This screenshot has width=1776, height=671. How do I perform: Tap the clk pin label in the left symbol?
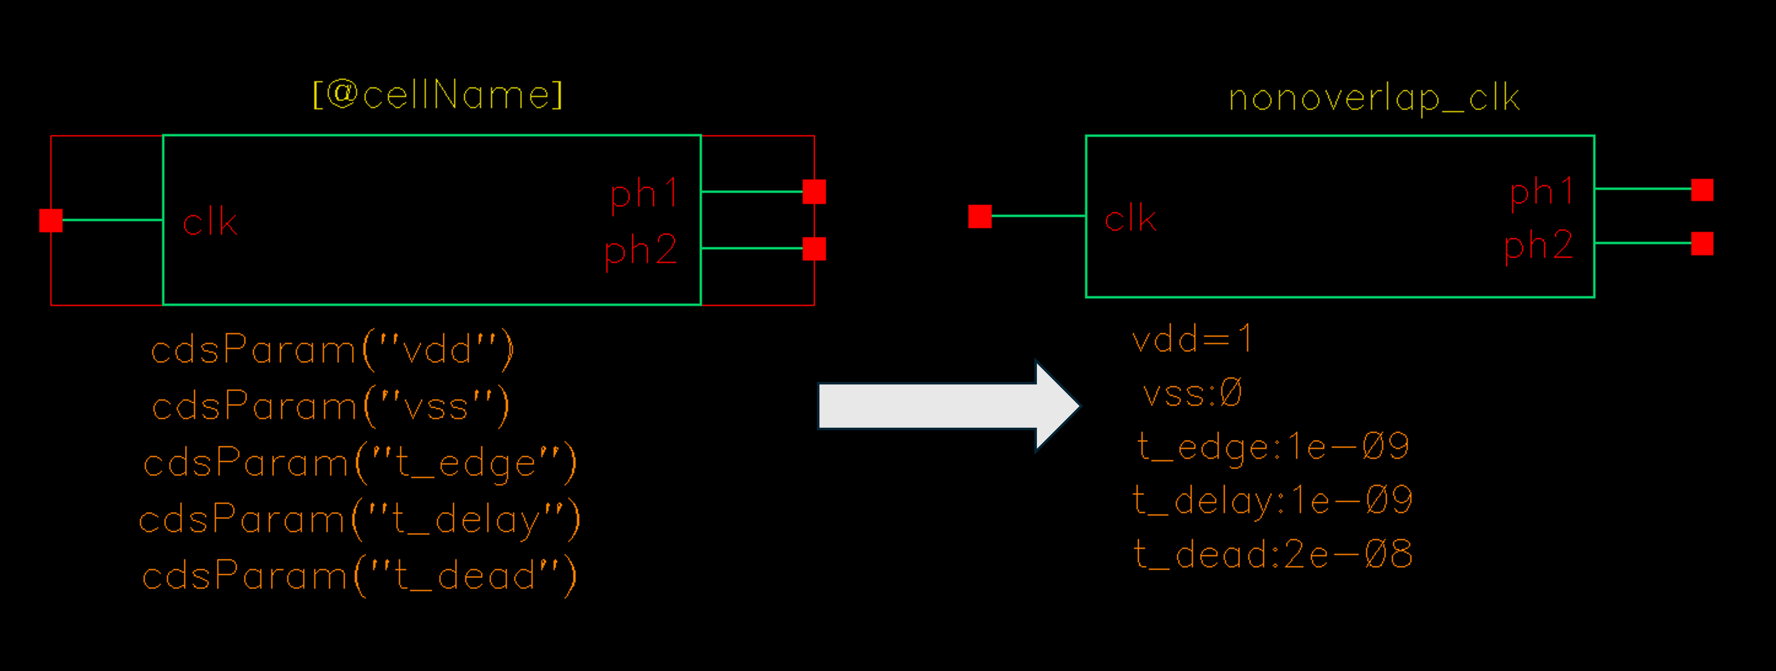click(x=210, y=222)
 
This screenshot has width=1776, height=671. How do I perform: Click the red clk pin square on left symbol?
click(x=51, y=221)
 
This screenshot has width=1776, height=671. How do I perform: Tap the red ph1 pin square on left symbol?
click(x=814, y=192)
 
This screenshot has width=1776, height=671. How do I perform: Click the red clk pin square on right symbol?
click(x=980, y=216)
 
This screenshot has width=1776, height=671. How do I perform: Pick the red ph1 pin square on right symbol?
click(x=1702, y=190)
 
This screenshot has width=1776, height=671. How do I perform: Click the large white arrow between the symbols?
click(x=948, y=406)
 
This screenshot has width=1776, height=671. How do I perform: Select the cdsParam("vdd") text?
click(x=332, y=350)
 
